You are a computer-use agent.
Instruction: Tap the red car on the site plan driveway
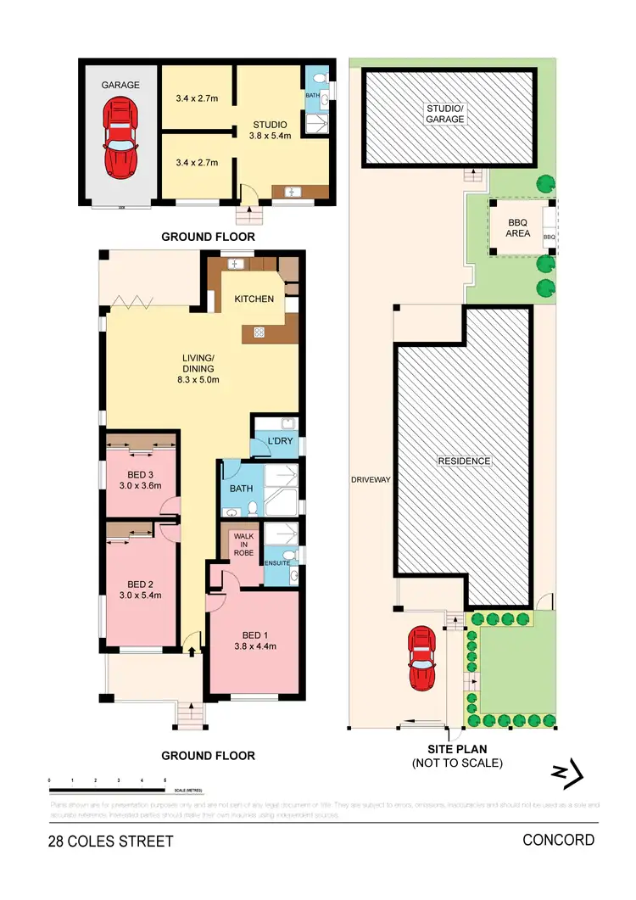point(423,659)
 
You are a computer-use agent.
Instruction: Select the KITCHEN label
point(254,299)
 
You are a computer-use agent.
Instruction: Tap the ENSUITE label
point(277,562)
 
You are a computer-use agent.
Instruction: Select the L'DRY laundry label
point(279,444)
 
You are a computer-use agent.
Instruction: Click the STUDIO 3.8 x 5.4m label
point(271,130)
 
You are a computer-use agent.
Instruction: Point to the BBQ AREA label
point(518,227)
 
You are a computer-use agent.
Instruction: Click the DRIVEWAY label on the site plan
point(371,480)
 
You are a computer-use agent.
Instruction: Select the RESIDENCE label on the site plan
point(464,461)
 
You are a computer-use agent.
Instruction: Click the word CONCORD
point(558,840)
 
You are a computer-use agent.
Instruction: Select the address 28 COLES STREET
point(110,841)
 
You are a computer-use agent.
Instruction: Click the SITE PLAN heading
point(456,750)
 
